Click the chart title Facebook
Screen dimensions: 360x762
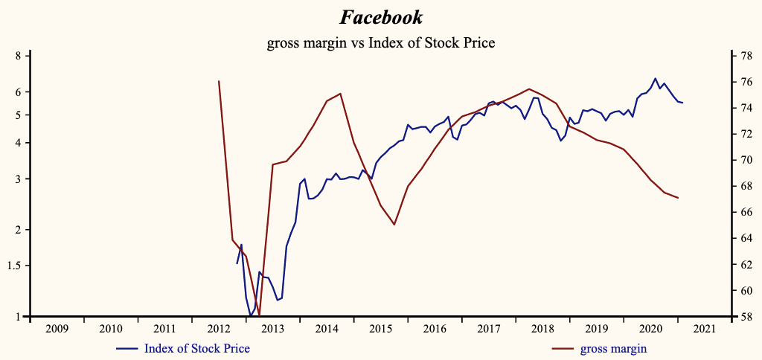pyautogui.click(x=380, y=17)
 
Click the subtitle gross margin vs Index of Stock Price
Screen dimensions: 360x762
pyautogui.click(x=380, y=43)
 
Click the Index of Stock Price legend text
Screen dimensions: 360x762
pyautogui.click(x=196, y=348)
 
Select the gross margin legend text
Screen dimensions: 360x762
pyautogui.click(x=613, y=348)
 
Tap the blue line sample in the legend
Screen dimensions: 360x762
pyautogui.click(x=127, y=348)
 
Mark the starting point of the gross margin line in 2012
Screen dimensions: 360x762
pyautogui.click(x=219, y=81)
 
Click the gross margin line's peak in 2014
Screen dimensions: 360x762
pyautogui.click(x=340, y=94)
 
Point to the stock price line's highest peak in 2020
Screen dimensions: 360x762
pyautogui.click(x=655, y=78)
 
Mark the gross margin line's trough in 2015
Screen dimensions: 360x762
pyautogui.click(x=394, y=225)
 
